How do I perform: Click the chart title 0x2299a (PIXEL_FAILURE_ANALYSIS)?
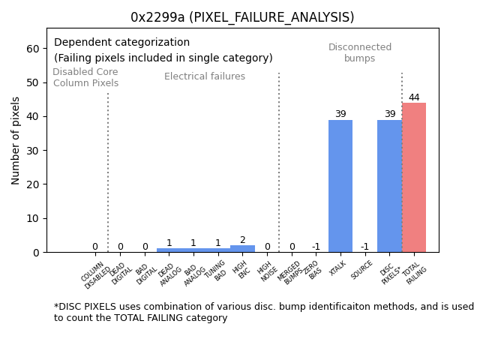point(242,17)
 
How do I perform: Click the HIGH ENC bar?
point(242,248)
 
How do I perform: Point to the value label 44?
point(414,97)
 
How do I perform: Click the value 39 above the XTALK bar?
point(340,114)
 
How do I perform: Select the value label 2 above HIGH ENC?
point(242,240)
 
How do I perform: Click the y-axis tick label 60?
point(32,49)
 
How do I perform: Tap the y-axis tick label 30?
point(32,151)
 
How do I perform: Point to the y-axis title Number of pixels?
point(16,140)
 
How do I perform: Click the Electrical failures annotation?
point(205,76)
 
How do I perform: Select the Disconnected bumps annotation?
point(360,53)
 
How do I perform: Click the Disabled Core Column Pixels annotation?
point(85,77)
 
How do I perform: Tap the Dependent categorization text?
point(121,43)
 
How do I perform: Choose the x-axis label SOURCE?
point(362,269)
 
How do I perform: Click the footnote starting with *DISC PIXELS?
point(263,312)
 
